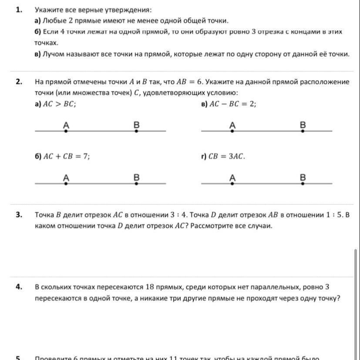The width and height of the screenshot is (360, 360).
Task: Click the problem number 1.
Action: click(x=19, y=9)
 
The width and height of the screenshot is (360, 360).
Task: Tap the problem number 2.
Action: click(x=19, y=82)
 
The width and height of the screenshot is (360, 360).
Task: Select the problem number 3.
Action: click(x=19, y=215)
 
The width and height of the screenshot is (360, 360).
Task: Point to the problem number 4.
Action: click(x=19, y=287)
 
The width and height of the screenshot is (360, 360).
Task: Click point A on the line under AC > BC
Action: click(x=66, y=130)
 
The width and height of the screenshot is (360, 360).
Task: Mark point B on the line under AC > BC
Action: click(x=136, y=130)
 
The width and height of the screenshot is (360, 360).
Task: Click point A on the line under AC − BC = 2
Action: click(x=232, y=130)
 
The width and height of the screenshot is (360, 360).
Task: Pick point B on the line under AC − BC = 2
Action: click(x=303, y=130)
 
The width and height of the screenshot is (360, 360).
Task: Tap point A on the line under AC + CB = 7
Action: click(x=66, y=183)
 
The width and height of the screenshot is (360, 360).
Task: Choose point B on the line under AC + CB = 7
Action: click(x=136, y=183)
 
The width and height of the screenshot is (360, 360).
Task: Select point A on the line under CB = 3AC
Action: click(x=232, y=183)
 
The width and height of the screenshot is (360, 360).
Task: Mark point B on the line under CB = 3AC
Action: click(x=303, y=183)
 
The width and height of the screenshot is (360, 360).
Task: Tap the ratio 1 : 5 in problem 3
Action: click(x=335, y=215)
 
